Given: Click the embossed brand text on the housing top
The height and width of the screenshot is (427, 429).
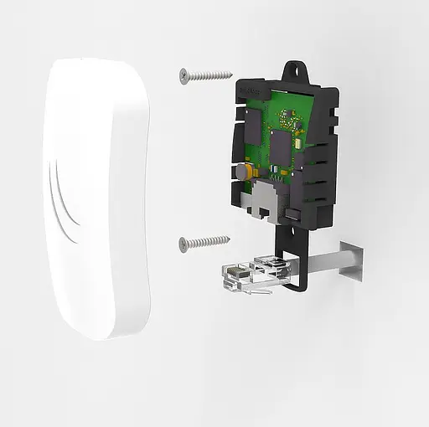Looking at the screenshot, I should pos(251,85).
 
